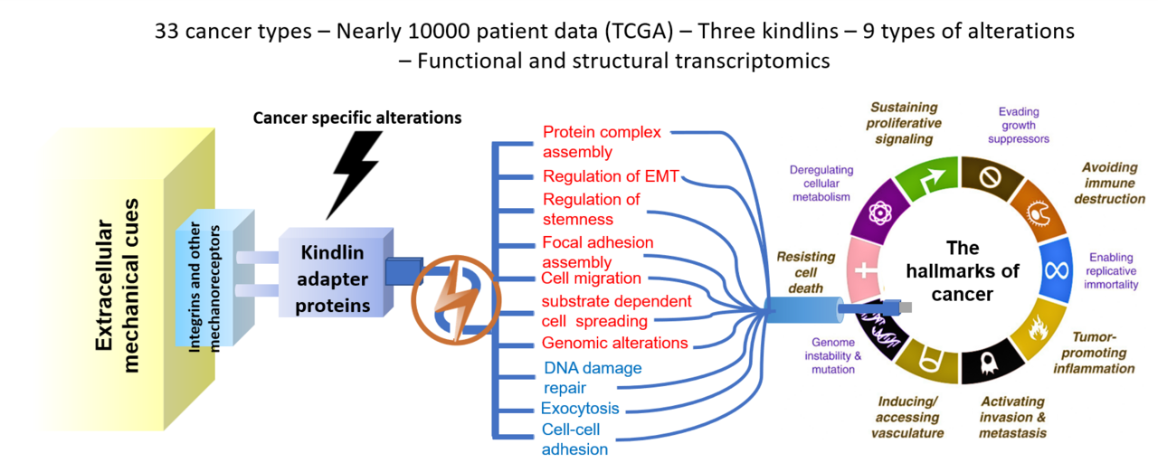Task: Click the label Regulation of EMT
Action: pos(611,175)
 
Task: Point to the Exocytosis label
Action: pos(580,408)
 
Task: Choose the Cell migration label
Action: pos(592,278)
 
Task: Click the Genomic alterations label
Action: pos(615,343)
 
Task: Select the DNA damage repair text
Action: pos(593,378)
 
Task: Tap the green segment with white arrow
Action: pos(922,176)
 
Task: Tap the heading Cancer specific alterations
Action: pos(357,118)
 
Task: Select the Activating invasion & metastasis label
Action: pos(1012,417)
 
